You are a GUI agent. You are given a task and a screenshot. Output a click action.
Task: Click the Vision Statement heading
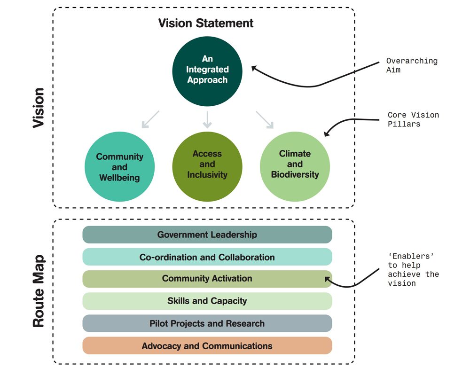pos(205,23)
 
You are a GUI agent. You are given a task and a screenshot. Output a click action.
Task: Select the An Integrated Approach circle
pos(207,70)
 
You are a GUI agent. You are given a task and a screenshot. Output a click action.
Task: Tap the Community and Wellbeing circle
pos(119,167)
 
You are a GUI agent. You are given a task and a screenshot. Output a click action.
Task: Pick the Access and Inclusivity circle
pos(207,164)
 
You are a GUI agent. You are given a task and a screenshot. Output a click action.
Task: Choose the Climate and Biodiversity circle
pos(295,164)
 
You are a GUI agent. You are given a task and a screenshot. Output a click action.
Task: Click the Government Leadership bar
pos(207,235)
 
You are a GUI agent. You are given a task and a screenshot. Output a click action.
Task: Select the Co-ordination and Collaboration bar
pos(207,257)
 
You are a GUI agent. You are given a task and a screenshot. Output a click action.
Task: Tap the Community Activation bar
pos(207,279)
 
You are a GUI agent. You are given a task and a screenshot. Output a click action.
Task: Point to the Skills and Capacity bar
pos(207,301)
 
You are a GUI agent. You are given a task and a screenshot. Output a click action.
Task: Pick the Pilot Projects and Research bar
pos(207,323)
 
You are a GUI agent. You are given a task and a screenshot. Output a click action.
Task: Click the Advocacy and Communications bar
pos(207,346)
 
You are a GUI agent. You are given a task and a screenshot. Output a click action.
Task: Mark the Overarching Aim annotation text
pos(412,65)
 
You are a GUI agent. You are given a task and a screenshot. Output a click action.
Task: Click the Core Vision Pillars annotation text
pos(413,119)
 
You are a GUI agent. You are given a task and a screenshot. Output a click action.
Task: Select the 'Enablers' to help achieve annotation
pos(413,269)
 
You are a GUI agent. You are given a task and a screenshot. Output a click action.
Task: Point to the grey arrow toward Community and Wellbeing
pos(150,119)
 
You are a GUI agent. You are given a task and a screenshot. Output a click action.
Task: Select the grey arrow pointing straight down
pos(207,119)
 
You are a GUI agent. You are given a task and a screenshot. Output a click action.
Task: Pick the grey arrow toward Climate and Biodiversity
pos(265,119)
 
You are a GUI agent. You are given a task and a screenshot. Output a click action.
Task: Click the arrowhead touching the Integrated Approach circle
pos(254,69)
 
